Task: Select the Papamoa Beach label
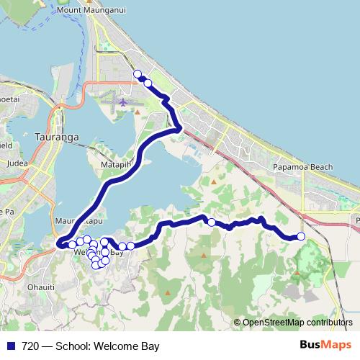point(302,167)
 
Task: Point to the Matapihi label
point(115,165)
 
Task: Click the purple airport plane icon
point(123,103)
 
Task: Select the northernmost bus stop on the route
point(137,73)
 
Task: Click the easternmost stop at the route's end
point(301,236)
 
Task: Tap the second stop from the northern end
point(148,83)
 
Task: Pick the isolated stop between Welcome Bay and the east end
point(211,222)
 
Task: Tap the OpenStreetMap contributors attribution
point(293,323)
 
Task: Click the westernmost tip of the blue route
point(58,246)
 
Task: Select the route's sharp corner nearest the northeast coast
point(180,129)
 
